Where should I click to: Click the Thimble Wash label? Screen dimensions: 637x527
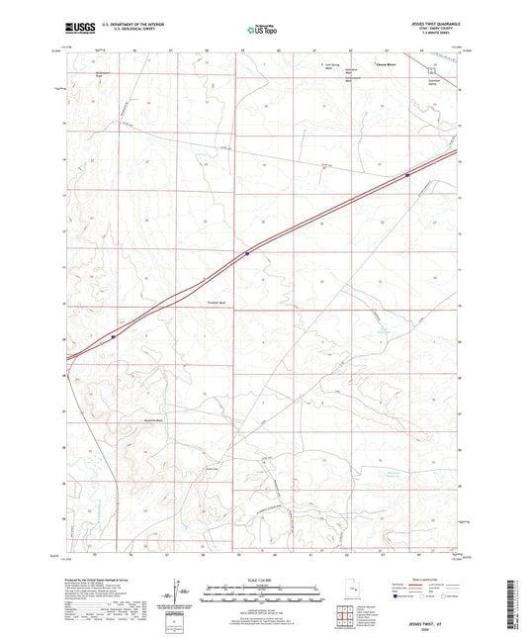pos(219,304)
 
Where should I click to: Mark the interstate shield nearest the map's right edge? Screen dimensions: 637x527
pos(406,175)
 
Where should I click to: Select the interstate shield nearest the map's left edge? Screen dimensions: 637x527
pos(114,335)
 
